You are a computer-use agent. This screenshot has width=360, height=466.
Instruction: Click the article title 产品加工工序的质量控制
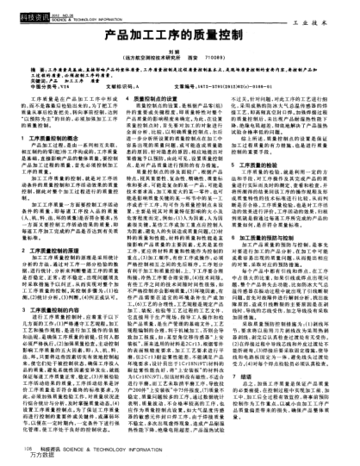[x=179, y=39]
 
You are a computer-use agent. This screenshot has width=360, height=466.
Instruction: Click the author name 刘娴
[x=179, y=54]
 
